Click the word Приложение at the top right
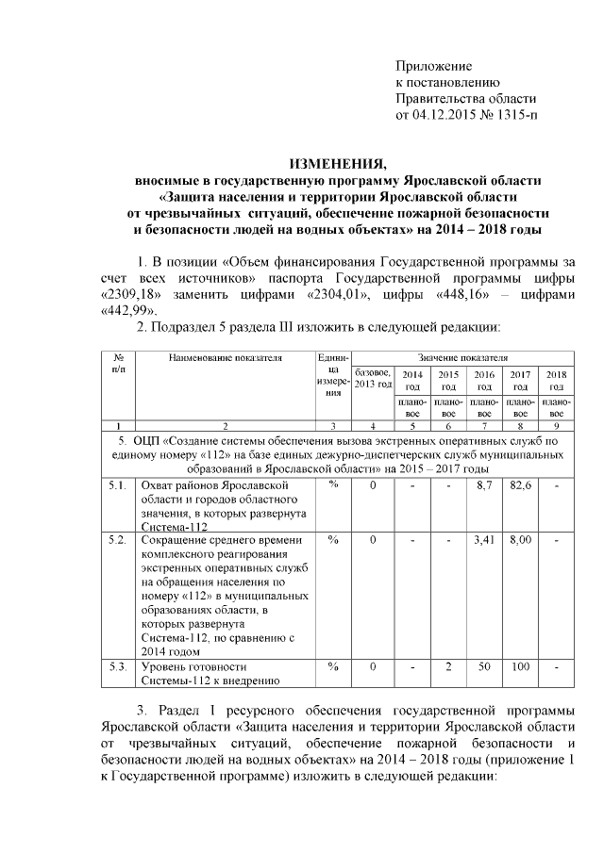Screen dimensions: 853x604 [x=432, y=65]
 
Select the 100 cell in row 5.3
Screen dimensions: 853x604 [x=520, y=666]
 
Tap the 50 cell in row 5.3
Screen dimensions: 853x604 [x=484, y=666]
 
